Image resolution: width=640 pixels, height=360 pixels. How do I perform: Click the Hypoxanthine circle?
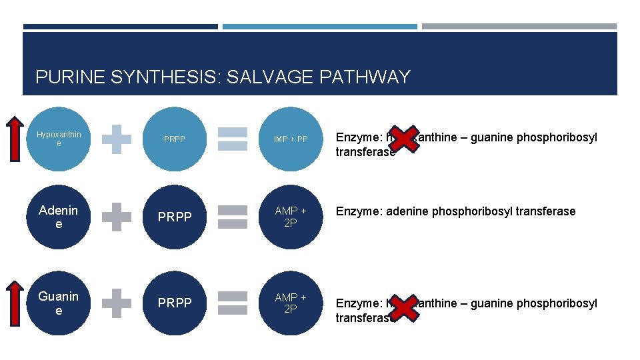point(59,139)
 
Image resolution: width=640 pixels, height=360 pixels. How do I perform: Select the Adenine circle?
point(59,217)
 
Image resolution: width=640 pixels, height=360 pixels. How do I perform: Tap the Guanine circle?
point(59,303)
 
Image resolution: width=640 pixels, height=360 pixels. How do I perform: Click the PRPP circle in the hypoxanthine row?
point(175,139)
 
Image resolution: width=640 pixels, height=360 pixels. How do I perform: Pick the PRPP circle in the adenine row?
point(175,217)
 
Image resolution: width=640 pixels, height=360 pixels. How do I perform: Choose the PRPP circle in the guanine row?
point(175,303)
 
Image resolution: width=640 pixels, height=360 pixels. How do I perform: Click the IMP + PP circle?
point(291,139)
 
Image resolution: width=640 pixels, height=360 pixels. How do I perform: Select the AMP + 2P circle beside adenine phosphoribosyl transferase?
point(291,217)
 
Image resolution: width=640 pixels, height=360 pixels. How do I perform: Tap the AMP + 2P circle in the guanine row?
point(291,303)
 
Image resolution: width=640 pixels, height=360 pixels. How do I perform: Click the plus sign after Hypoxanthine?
point(117,139)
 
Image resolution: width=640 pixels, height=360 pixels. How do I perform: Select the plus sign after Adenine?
point(117,217)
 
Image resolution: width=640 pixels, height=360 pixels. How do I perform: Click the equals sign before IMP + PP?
point(233,139)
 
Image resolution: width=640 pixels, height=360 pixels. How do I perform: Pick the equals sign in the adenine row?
point(233,217)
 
